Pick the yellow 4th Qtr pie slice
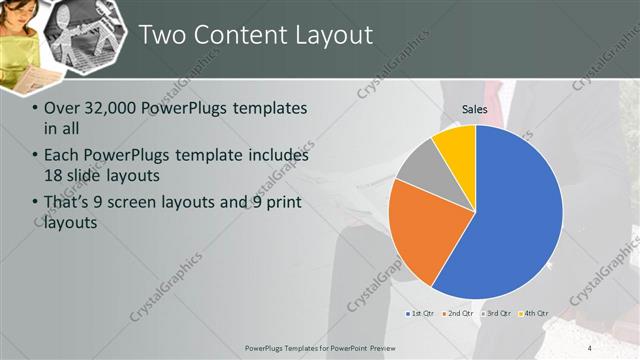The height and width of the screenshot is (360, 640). point(456,142)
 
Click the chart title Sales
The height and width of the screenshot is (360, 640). point(474,109)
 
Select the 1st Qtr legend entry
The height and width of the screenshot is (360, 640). point(419,313)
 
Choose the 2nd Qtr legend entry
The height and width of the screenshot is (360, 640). point(456,313)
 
